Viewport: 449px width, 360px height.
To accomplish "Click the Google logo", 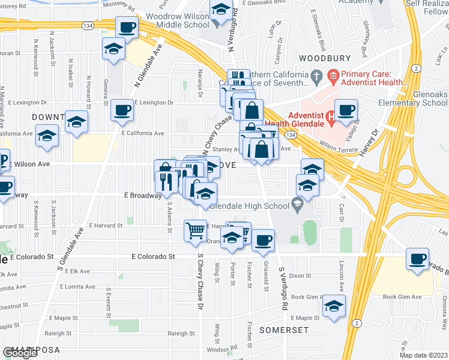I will (x=20, y=353).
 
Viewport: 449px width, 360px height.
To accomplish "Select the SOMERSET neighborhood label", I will (x=283, y=330).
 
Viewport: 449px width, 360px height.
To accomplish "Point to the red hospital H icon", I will (x=330, y=116).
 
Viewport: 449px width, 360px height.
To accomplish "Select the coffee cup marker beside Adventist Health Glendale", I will (x=346, y=110).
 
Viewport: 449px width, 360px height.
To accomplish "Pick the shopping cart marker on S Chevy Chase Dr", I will (x=195, y=230).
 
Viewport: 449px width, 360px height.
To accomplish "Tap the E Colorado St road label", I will (x=153, y=256).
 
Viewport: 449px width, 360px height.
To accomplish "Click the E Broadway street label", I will (x=142, y=195).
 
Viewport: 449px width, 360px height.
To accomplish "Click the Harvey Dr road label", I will (x=367, y=142).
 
